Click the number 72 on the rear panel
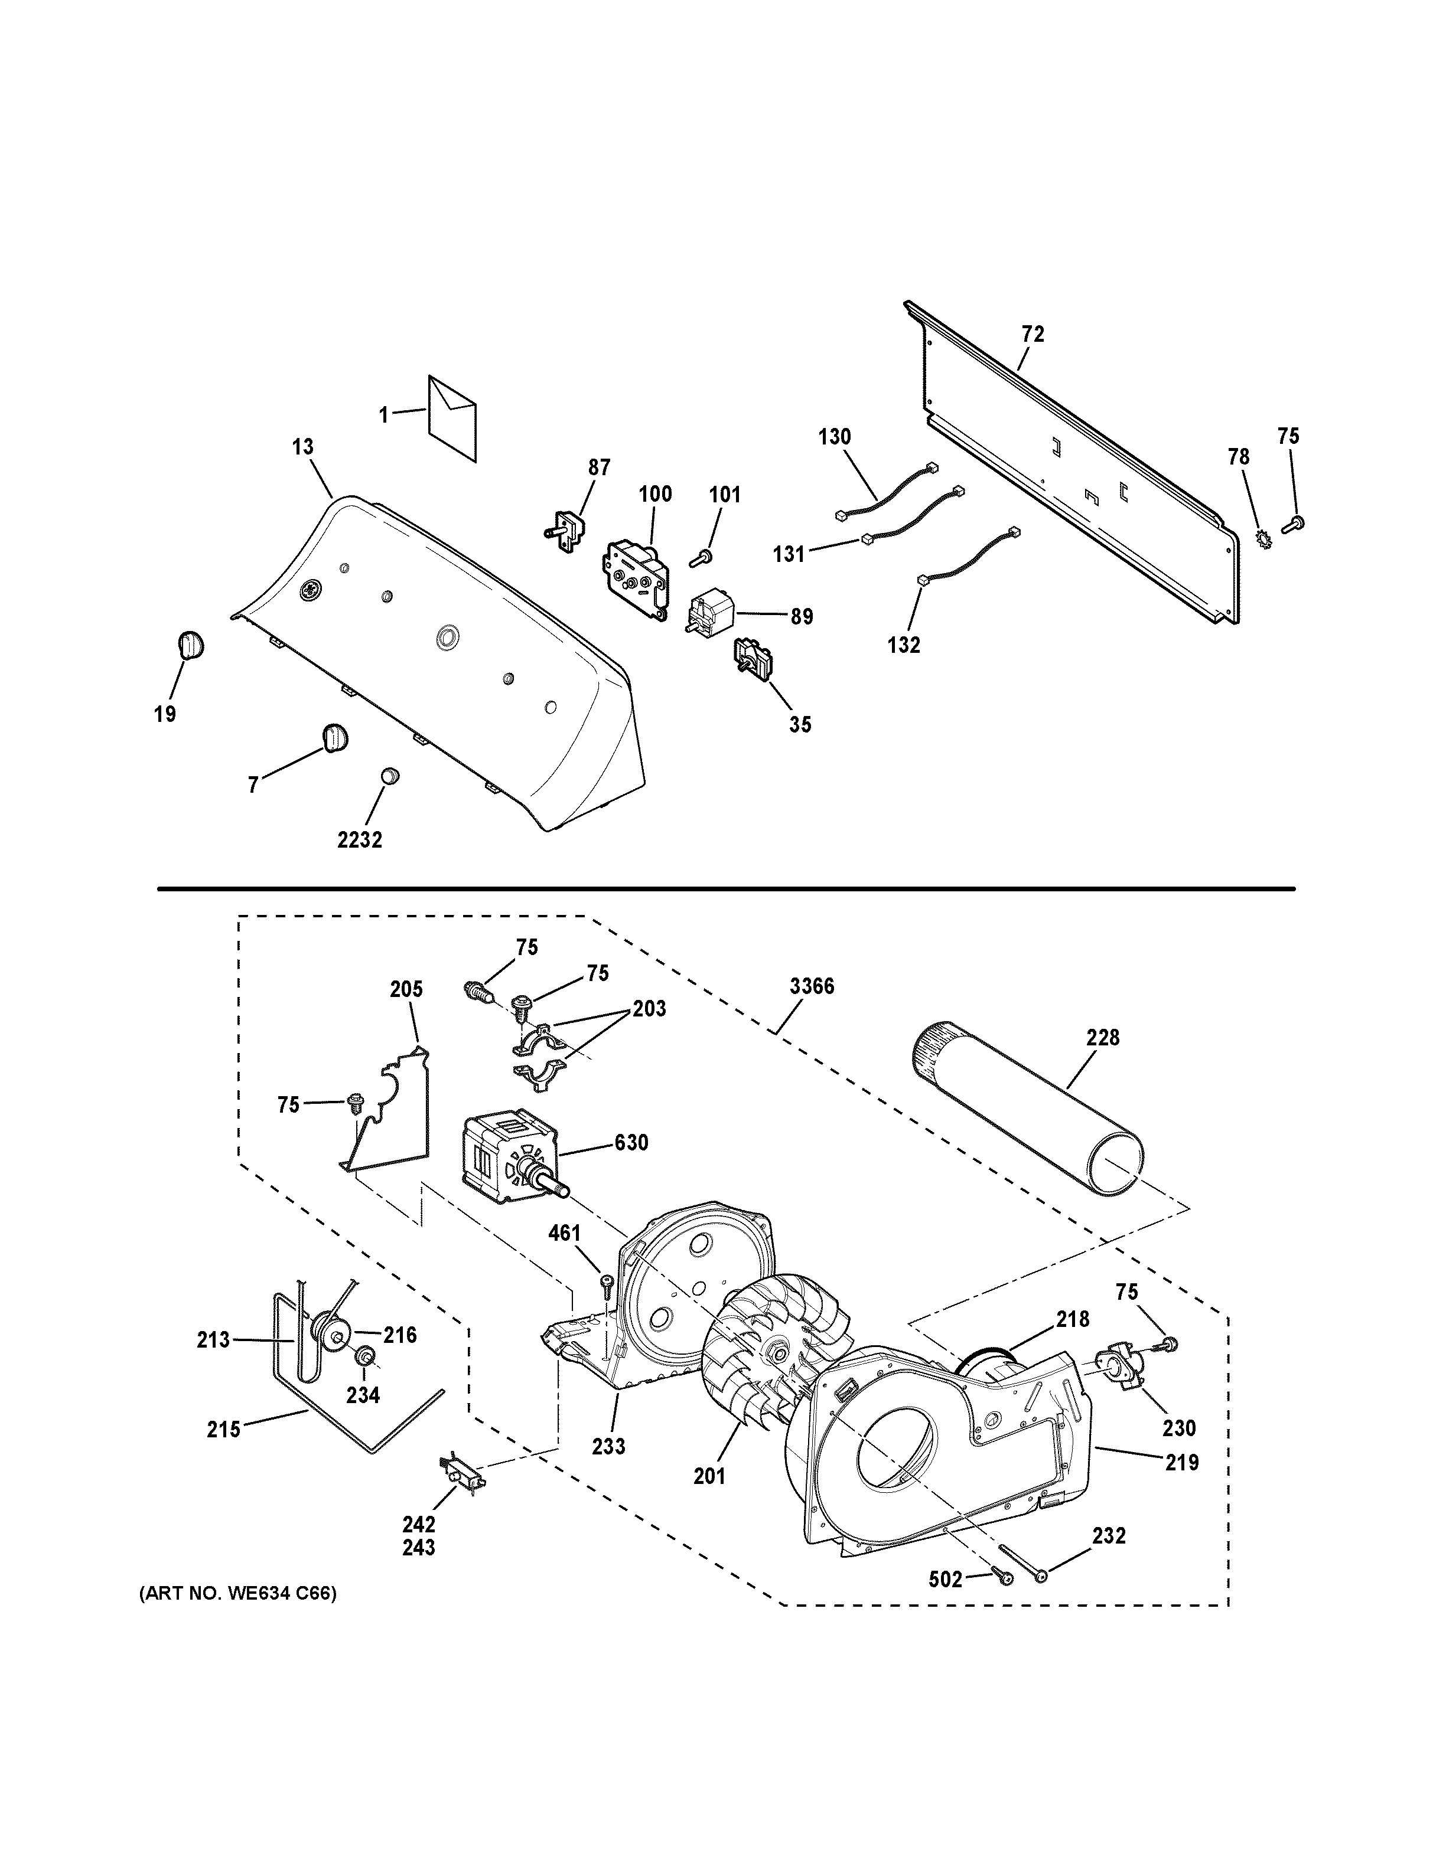(x=1033, y=335)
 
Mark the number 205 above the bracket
(x=406, y=990)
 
